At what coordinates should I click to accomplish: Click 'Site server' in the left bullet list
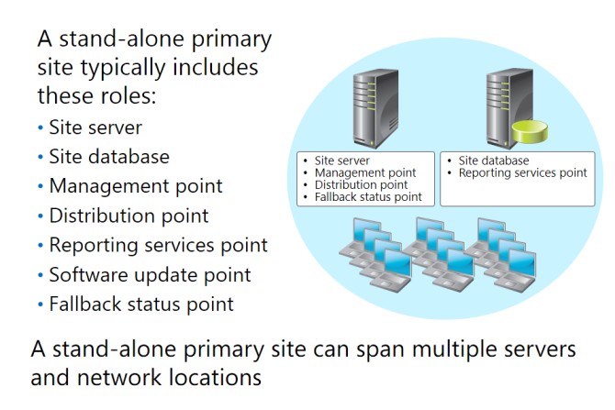tap(95, 127)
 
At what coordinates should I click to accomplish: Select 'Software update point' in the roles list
tap(150, 275)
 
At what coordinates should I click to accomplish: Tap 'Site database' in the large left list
tap(109, 157)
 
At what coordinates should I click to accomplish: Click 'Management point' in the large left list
tap(136, 186)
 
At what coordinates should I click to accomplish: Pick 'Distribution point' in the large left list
tap(129, 216)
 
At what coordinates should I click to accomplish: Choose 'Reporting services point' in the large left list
tap(158, 246)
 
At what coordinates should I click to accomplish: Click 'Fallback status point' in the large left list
tap(141, 305)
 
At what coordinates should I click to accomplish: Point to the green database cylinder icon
tap(530, 132)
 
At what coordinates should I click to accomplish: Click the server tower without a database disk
tap(375, 108)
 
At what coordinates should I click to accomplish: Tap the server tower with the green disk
tap(509, 108)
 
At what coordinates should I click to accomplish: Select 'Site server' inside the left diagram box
tap(342, 161)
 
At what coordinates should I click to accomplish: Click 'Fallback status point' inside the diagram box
tap(368, 197)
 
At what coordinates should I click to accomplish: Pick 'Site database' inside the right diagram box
tap(494, 161)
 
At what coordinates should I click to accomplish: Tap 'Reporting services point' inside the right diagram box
tap(523, 172)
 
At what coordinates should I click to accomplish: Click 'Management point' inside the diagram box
tap(365, 172)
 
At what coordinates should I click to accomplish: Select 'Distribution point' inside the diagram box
tap(362, 185)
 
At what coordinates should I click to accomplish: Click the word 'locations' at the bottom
tap(216, 378)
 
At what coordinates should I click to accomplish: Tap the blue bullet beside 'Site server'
tap(40, 127)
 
